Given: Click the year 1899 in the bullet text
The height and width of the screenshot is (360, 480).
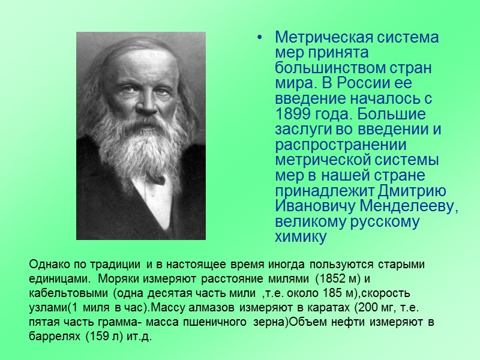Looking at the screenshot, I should pos(290,114).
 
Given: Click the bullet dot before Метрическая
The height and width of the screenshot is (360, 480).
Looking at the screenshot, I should pos(259,38).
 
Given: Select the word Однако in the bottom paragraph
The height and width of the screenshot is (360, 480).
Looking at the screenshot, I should pos(47,265).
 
